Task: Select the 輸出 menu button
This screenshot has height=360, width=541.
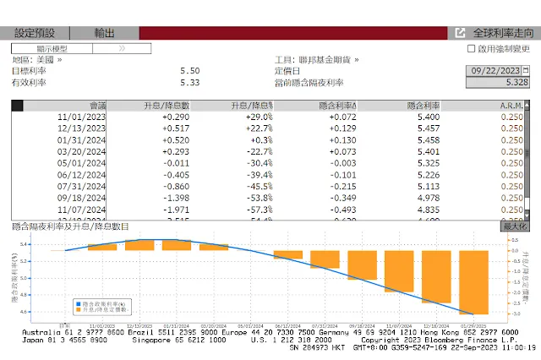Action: [104, 33]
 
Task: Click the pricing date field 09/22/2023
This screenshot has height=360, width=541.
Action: [500, 71]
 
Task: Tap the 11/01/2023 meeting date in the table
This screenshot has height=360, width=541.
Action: [83, 116]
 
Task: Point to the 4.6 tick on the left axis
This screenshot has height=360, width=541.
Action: [24, 312]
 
